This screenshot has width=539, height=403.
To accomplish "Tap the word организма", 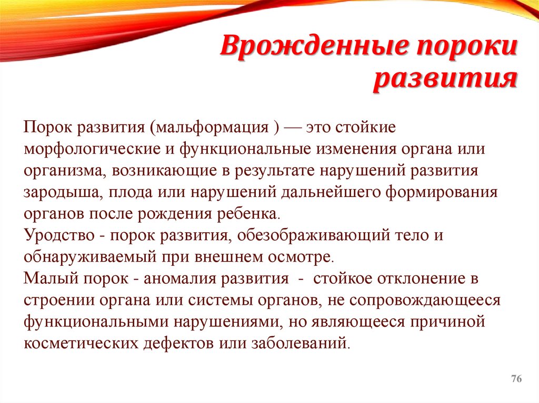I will pos(59,171).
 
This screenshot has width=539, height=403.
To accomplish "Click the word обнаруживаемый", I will pos(85,257).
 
